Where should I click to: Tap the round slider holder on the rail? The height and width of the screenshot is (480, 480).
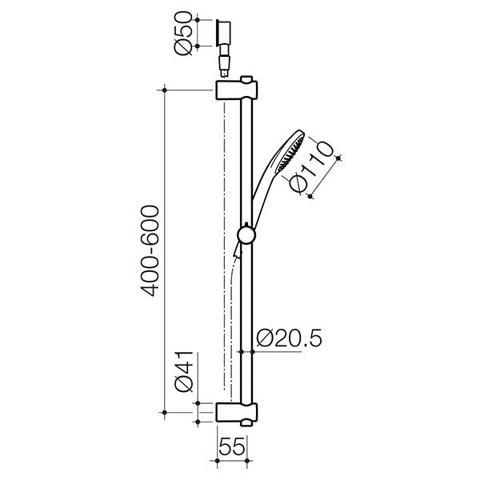(x=247, y=234)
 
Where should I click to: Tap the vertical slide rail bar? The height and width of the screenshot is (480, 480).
(x=247, y=304)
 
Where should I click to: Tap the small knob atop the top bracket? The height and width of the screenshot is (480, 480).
(x=249, y=79)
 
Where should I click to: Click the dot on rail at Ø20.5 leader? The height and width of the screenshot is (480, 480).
(x=242, y=350)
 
